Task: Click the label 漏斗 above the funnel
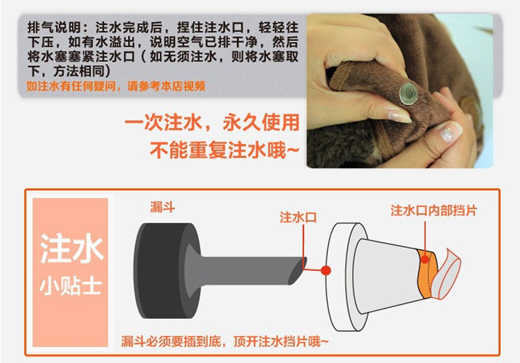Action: pos(162,208)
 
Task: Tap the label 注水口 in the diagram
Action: pos(298,217)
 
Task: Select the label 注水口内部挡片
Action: pos(434,211)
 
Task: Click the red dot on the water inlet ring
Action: pos(326,271)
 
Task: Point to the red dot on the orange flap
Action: pos(425,260)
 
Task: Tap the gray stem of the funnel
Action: pos(246,271)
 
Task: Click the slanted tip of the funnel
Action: pos(298,271)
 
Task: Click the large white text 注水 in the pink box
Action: pos(71,248)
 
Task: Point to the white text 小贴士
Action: pos(70,287)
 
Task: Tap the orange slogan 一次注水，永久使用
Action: pos(212,123)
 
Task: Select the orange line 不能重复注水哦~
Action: pos(224,150)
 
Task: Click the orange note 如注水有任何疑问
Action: pos(71,86)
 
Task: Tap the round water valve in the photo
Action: pos(409,94)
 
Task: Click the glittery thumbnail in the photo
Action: pos(450,131)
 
